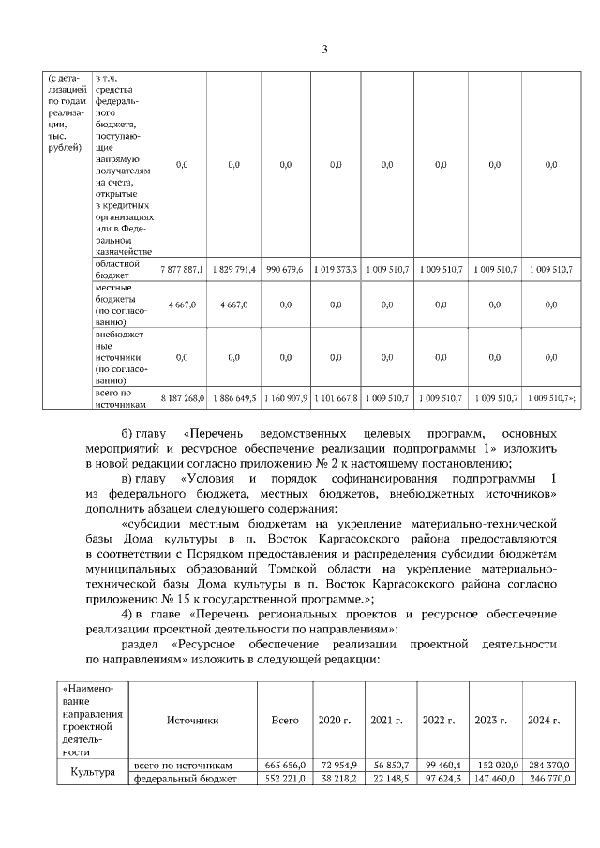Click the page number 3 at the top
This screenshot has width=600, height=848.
(x=324, y=50)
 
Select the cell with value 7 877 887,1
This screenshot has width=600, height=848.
(x=182, y=269)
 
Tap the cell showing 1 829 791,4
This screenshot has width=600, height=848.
(x=233, y=269)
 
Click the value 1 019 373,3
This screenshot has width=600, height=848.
(x=336, y=269)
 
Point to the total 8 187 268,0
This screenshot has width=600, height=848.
(x=182, y=398)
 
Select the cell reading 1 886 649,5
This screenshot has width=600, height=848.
(x=233, y=398)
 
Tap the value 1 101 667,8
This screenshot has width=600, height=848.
(x=336, y=398)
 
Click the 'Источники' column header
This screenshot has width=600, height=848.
(x=192, y=720)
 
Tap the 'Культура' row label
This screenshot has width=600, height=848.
(x=93, y=772)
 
